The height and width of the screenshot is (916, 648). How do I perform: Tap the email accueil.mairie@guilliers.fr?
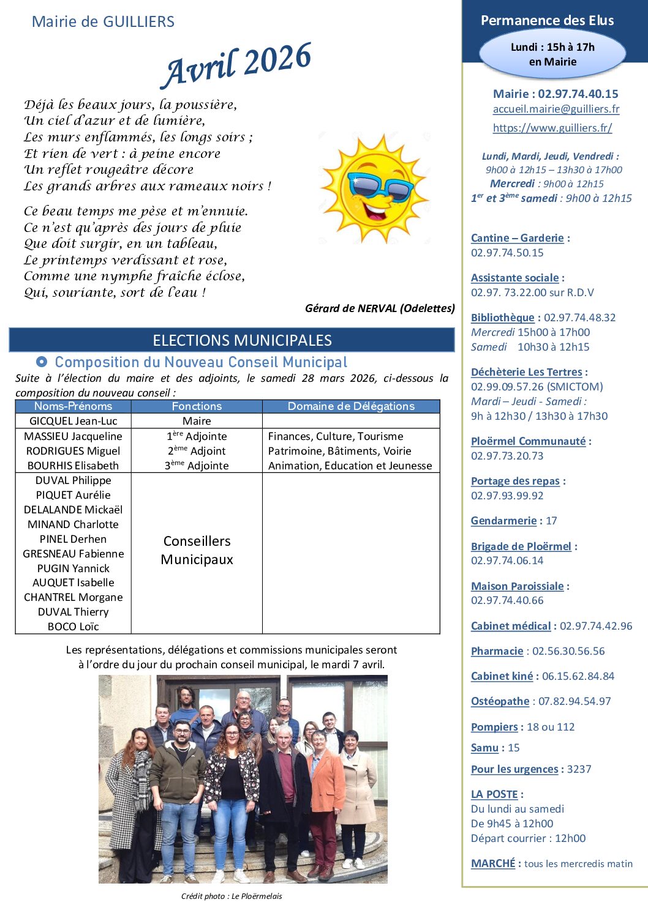pos(556,109)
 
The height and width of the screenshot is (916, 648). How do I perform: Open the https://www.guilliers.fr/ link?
pos(552,128)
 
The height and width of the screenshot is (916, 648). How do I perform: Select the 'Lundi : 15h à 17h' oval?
pos(552,54)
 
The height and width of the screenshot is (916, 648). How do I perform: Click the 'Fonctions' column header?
pos(197,406)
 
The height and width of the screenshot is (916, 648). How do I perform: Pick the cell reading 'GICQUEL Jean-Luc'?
pos(73,421)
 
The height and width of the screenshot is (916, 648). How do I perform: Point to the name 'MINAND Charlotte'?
pos(73,524)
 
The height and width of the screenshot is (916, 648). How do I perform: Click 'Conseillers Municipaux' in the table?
pos(197,550)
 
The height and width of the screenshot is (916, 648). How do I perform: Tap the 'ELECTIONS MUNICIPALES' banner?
pos(242,340)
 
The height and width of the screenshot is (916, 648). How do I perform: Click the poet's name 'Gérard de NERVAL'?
pos(351,308)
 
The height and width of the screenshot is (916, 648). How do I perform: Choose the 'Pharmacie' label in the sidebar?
pos(497,651)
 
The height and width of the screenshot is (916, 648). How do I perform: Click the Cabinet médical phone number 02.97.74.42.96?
pos(595,626)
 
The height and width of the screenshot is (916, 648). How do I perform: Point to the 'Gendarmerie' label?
pos(503,521)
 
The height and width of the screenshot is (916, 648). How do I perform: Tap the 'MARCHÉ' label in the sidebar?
pos(493,863)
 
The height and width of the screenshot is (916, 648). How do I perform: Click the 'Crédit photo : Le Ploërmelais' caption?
pos(232,896)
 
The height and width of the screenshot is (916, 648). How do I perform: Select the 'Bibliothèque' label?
pos(502,318)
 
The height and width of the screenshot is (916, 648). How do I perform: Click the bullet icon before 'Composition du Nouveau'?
pos(42,362)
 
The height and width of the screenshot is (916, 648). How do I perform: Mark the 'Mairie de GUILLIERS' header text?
pos(103,22)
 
